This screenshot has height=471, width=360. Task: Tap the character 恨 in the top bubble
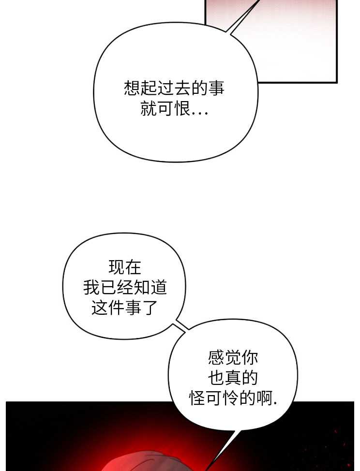[x=182, y=108]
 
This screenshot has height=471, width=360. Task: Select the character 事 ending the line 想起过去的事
[x=216, y=88]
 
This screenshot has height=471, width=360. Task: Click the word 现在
[x=125, y=267]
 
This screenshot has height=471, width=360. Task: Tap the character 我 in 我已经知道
[x=91, y=287]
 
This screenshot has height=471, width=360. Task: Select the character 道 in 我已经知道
[x=159, y=287]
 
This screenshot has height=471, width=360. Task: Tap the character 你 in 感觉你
[x=250, y=358]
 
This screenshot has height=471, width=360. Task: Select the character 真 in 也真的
[x=233, y=378]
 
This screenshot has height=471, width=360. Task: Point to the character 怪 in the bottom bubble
[x=197, y=398]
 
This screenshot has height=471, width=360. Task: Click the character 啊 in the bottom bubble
[x=265, y=398]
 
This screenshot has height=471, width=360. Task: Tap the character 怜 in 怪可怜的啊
[x=231, y=398]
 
